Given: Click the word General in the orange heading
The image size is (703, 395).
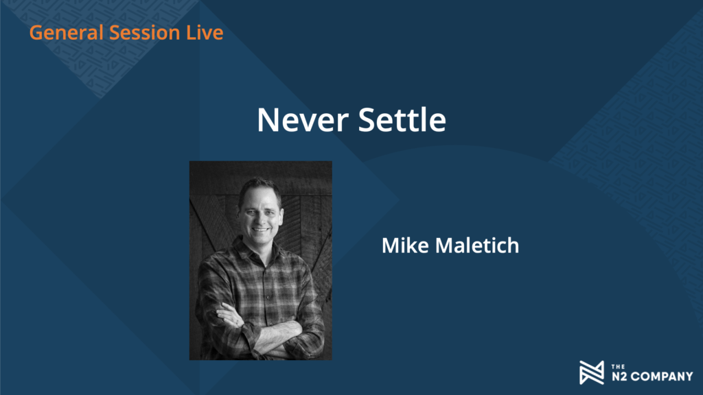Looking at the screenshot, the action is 67,33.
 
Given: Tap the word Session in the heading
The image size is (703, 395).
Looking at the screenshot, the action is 144,33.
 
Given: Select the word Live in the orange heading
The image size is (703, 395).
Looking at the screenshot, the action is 205,33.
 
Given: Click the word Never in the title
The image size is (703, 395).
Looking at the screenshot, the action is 303,120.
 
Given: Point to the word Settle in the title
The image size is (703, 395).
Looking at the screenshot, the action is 402,120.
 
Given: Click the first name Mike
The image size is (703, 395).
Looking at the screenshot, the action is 405,246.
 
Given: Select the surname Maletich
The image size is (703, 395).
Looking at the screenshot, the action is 477,246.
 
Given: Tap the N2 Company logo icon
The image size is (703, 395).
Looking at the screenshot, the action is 592,372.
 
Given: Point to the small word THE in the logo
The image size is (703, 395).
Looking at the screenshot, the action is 619,367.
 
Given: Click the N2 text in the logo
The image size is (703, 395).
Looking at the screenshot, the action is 619,376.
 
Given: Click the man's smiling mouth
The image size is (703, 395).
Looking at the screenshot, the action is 261,230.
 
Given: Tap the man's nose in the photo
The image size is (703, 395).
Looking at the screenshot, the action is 260,218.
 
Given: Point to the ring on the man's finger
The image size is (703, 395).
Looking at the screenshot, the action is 237,321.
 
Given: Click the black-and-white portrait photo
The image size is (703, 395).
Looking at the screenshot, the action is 260,261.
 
